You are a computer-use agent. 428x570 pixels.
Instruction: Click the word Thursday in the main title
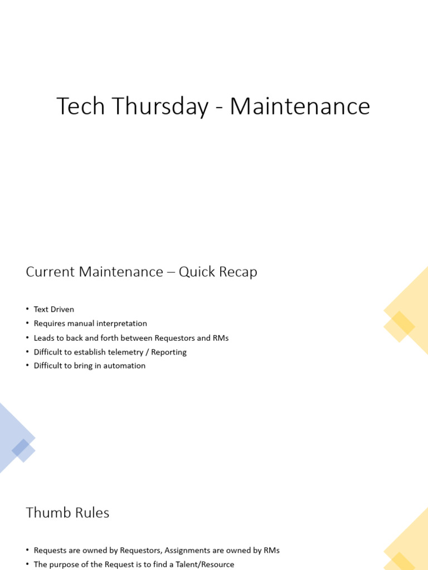coord(160,106)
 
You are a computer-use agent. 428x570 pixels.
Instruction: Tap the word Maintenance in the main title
coord(300,106)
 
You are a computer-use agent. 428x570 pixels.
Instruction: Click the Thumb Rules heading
coord(67,513)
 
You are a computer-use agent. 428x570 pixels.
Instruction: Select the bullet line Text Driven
coord(53,309)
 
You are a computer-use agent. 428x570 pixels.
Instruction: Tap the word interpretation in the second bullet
coord(123,323)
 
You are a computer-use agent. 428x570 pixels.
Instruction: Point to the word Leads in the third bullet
coord(43,338)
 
